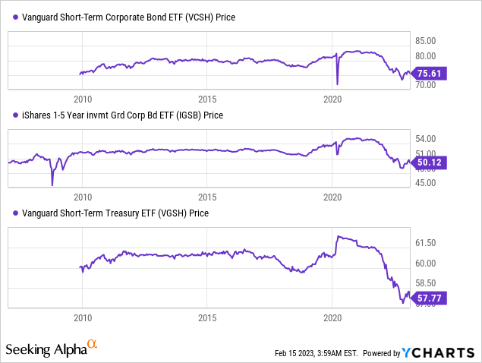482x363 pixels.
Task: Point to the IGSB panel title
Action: click(x=118, y=115)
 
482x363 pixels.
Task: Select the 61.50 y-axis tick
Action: click(x=426, y=243)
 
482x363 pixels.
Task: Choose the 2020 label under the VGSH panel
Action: click(x=333, y=317)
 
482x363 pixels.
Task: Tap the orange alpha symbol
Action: click(x=92, y=346)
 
